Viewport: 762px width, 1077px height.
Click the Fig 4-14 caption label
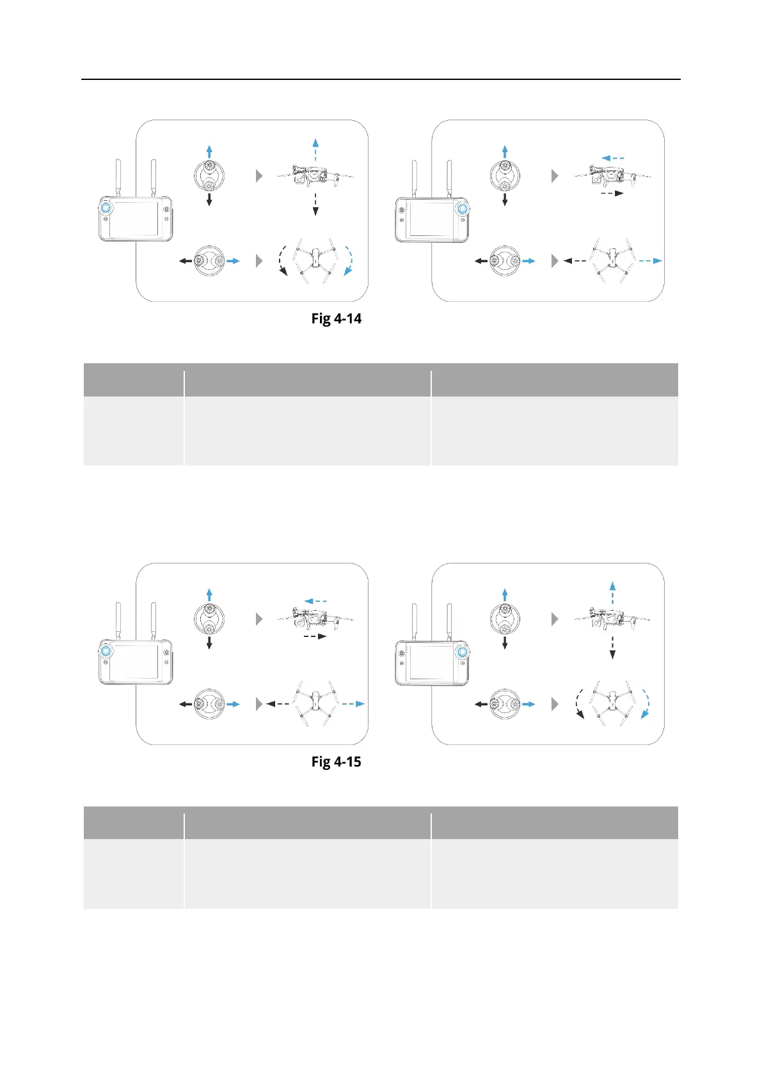(x=337, y=318)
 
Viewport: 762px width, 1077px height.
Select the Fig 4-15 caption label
(x=337, y=762)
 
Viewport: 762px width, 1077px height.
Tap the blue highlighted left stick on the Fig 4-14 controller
(x=106, y=208)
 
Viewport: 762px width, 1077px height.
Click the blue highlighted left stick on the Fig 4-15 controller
(x=106, y=651)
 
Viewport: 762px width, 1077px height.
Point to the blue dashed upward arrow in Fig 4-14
(x=315, y=150)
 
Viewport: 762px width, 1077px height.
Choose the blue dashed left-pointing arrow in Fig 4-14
(x=613, y=157)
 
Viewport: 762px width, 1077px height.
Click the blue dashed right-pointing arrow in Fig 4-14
(x=649, y=260)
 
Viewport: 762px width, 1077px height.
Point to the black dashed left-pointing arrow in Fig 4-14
(x=575, y=261)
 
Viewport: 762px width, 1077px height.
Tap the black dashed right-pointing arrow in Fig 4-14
(x=612, y=193)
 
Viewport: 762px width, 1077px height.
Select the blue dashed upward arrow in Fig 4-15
(x=612, y=594)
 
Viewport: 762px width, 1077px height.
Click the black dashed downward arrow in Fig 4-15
(x=612, y=647)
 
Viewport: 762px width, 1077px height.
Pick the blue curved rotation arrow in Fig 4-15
(x=646, y=704)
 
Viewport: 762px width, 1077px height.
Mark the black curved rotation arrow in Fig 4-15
(x=578, y=704)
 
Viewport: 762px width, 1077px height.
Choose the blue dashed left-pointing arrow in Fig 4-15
(x=316, y=601)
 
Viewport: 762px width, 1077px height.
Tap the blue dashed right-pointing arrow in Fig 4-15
(x=353, y=704)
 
